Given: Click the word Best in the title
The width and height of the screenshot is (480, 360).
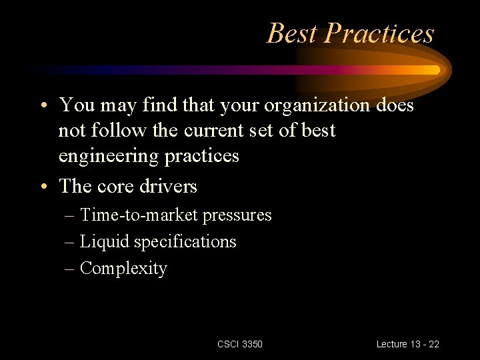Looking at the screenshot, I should [x=293, y=33].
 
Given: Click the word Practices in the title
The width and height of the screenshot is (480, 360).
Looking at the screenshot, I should [x=380, y=33].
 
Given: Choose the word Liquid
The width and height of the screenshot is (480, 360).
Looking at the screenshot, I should [x=105, y=241].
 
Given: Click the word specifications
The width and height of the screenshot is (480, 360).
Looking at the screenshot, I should [x=185, y=241].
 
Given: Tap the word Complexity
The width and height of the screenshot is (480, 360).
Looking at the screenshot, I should [x=123, y=268].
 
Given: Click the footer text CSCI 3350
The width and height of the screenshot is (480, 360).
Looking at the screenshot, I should [x=240, y=344].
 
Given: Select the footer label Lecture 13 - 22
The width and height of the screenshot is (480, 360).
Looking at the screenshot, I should [x=407, y=344].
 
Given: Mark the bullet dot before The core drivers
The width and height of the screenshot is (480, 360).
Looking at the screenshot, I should [x=43, y=187].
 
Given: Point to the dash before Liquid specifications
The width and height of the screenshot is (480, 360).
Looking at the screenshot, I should [x=70, y=242].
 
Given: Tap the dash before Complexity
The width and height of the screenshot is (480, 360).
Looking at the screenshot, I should [x=70, y=269].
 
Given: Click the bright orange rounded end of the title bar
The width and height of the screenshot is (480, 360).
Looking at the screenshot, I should [x=433, y=69].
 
